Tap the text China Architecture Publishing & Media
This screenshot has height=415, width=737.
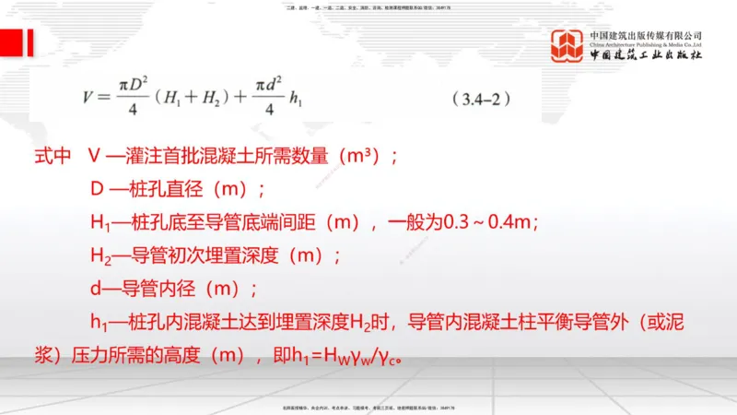646,43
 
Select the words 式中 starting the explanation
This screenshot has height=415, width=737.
53,157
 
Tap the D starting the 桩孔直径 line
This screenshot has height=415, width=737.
96,190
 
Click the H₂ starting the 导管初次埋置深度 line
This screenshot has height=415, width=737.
99,256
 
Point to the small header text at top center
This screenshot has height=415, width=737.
368,7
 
